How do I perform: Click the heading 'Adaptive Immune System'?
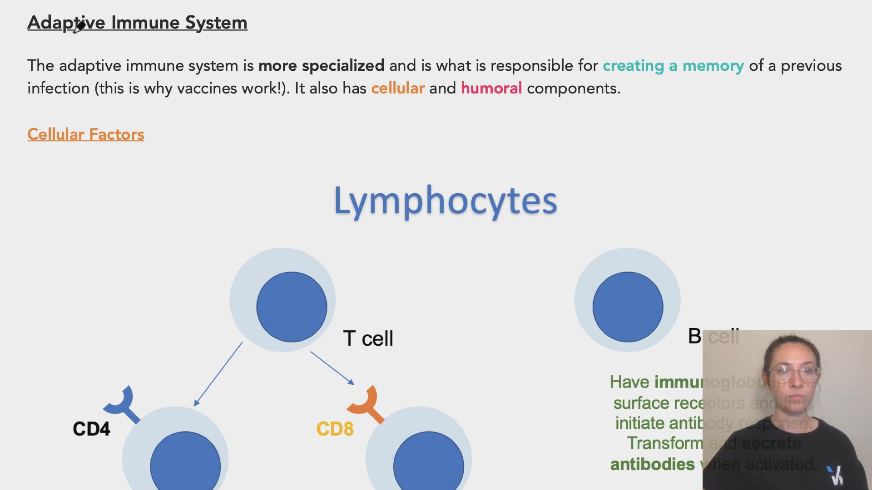[x=137, y=23]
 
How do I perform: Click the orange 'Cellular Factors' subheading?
[x=85, y=134]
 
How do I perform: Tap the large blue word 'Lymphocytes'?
[x=445, y=201]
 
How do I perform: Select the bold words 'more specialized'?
[x=321, y=66]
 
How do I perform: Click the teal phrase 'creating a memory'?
[x=673, y=66]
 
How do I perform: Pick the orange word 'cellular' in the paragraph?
[x=397, y=88]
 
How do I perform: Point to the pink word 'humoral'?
[x=491, y=88]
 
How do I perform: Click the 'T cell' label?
[x=368, y=338]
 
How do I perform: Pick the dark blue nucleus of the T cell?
[x=292, y=307]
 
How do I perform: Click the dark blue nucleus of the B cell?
[x=628, y=307]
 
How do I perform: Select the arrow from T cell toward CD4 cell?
[x=218, y=374]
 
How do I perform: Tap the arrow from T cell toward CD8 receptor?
[x=332, y=368]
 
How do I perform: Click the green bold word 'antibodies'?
[x=652, y=465]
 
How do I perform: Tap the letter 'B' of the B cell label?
[x=694, y=337]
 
